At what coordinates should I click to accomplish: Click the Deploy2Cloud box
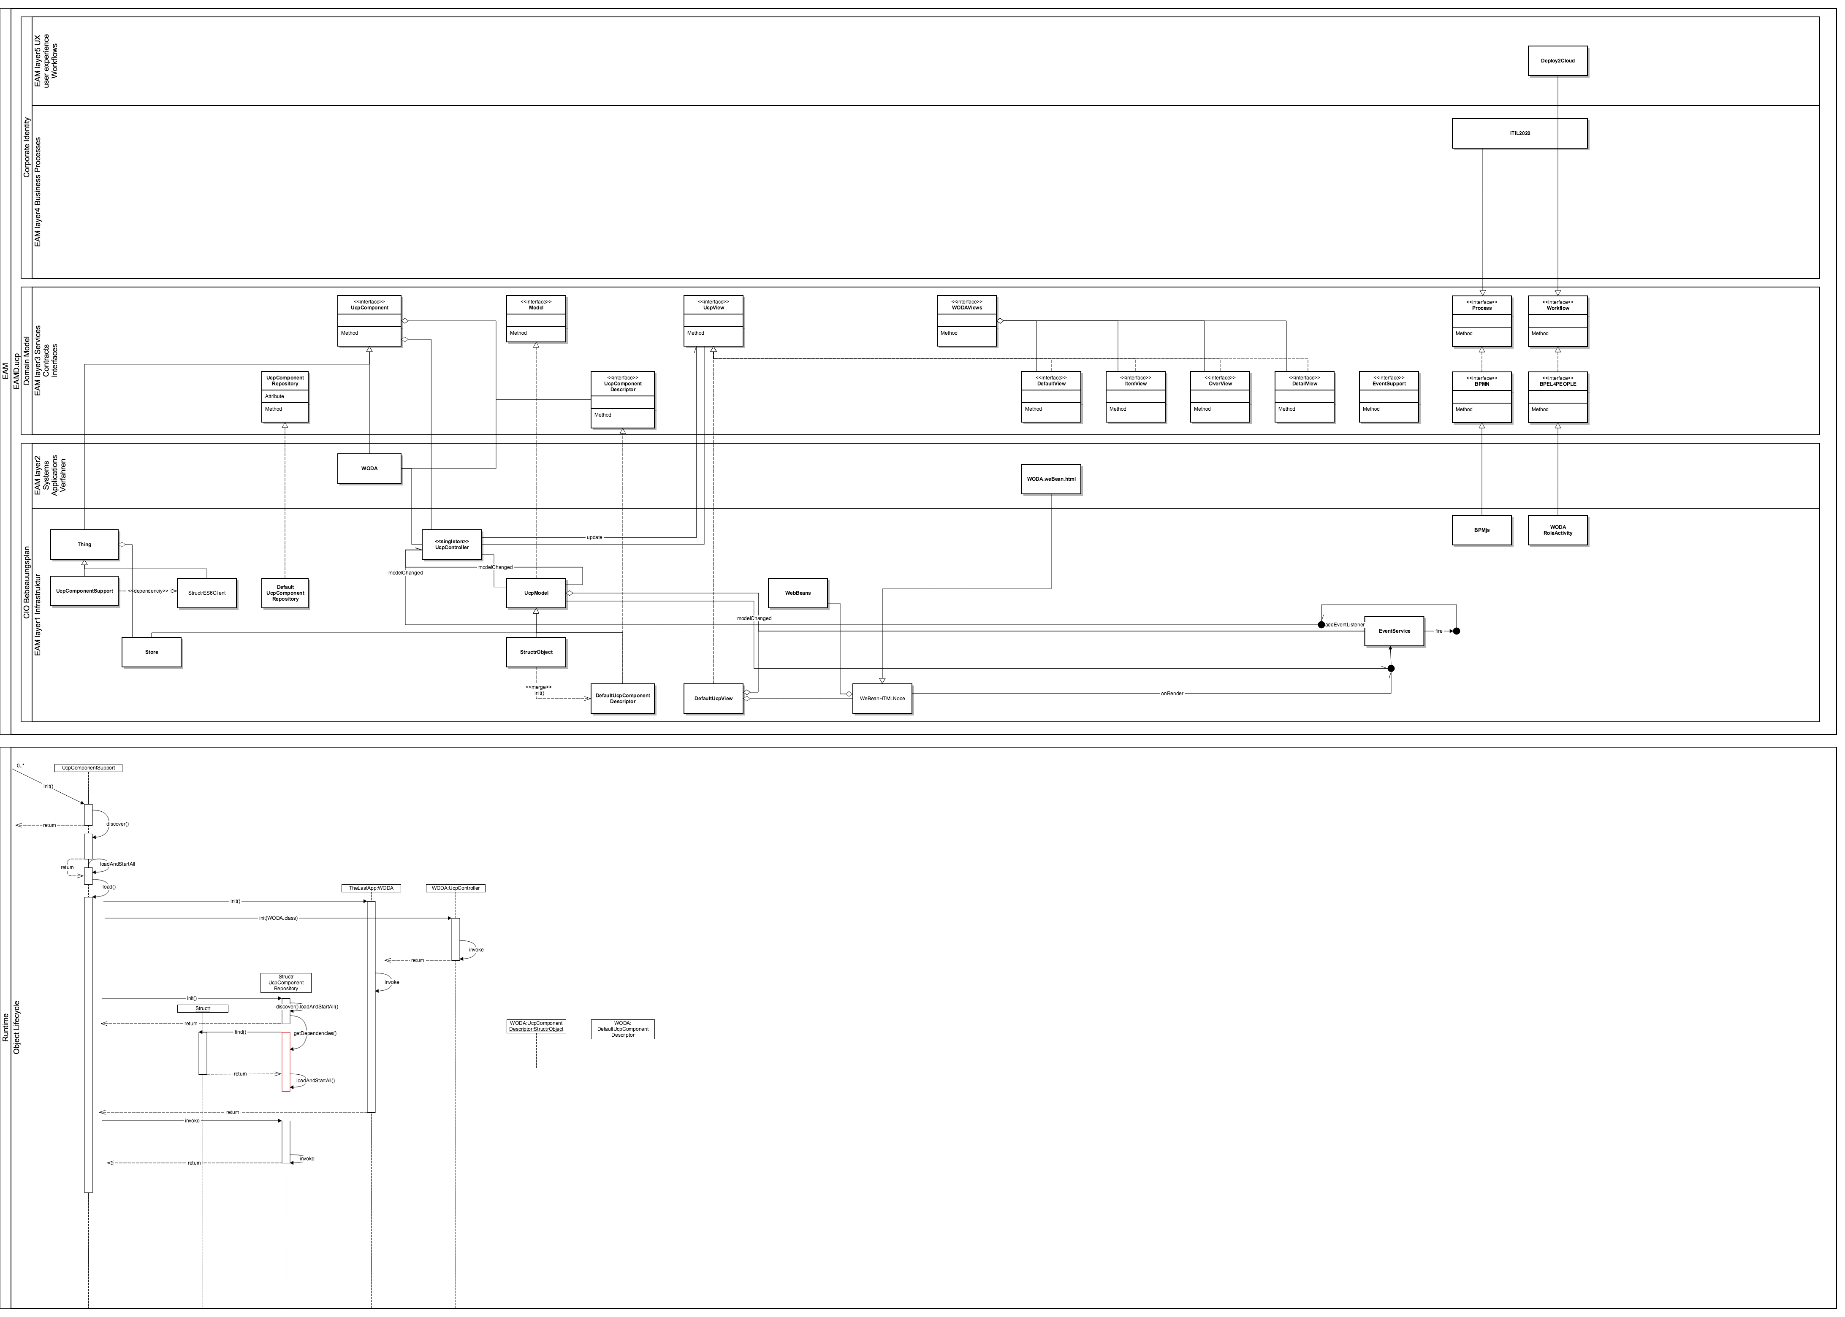1557,61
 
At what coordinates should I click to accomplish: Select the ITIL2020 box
1519,133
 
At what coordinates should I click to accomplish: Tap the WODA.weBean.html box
1051,479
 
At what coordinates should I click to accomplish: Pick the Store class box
152,652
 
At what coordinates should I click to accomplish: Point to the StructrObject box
536,652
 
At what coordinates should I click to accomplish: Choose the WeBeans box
797,593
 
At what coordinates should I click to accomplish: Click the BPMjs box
1481,530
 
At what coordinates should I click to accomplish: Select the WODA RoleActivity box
1557,530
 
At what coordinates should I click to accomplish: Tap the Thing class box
84,544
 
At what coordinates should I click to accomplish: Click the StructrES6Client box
207,593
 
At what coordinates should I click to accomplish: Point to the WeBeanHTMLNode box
882,698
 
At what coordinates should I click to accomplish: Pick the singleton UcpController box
452,544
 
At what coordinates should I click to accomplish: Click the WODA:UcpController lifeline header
455,888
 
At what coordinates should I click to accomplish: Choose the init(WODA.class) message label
278,918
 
